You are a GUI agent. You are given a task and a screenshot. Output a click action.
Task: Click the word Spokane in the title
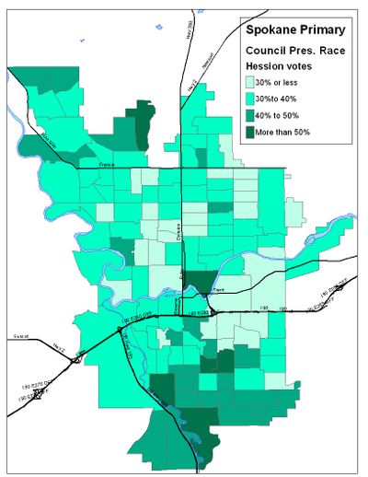[x=268, y=29]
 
